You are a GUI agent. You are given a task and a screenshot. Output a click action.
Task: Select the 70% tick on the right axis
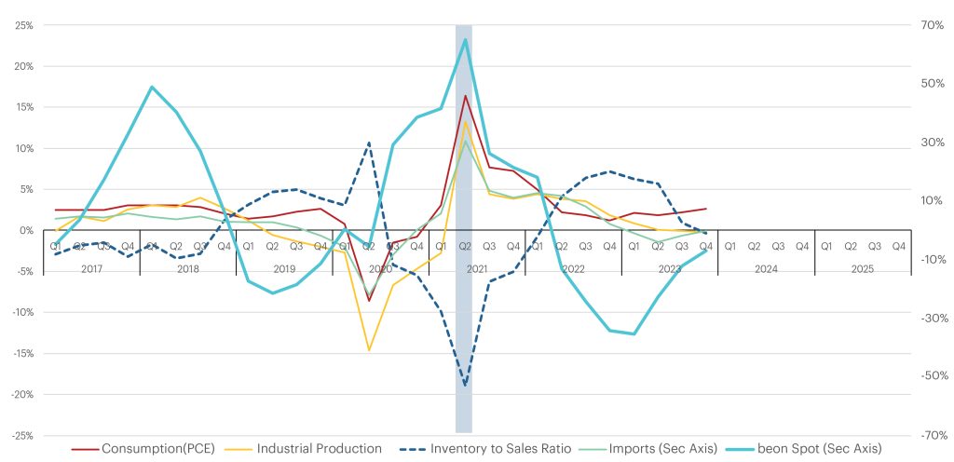[934, 25]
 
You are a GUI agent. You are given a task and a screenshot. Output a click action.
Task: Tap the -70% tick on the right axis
[933, 435]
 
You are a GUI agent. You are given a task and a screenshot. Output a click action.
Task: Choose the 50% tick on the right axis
[934, 84]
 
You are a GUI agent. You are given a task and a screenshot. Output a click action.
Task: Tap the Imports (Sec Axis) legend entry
[661, 449]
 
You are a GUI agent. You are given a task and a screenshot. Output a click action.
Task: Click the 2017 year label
[91, 268]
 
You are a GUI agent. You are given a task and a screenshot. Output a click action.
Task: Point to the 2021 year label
[477, 268]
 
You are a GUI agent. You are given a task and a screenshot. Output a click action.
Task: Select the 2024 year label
[766, 268]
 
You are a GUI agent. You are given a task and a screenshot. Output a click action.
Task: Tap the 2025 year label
[862, 268]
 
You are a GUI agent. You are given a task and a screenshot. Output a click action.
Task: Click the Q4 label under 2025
[898, 247]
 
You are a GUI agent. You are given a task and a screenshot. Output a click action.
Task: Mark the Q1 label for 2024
[730, 247]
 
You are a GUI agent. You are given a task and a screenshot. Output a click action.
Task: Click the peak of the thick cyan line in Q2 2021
[465, 39]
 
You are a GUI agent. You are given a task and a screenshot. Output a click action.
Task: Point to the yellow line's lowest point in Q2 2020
[369, 350]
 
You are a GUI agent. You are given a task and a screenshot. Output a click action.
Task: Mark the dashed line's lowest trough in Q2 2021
[465, 384]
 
